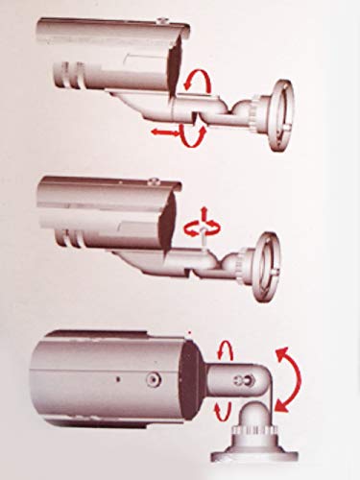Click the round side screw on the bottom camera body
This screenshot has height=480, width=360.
pos(153,381)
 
